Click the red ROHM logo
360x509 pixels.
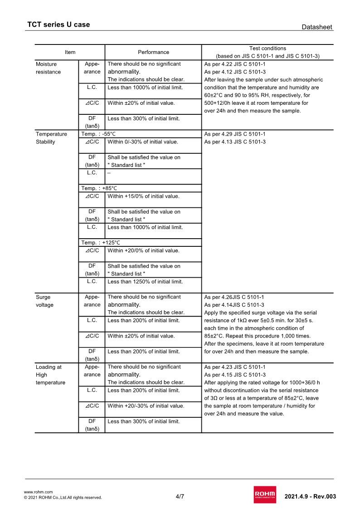pos(265,494)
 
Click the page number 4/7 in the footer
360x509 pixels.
pos(180,496)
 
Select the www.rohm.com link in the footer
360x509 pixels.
pos(38,492)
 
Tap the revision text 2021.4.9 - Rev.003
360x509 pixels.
pos(310,496)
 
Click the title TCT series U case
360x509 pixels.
pos(58,24)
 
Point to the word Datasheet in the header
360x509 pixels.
pos(317,27)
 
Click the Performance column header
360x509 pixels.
pos(153,52)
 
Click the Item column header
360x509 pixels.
pos(70,52)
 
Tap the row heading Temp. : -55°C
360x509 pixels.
pos(98,134)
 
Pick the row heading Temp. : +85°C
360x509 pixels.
pos(98,188)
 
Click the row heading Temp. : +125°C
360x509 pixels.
pos(100,243)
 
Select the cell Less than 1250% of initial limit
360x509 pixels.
pos(145,282)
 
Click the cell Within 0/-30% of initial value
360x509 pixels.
pos(143,142)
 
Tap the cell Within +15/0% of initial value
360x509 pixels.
pos(143,196)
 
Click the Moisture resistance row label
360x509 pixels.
pos(48,68)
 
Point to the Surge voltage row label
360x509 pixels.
pos(44,301)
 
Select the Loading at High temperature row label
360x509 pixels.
pos(50,375)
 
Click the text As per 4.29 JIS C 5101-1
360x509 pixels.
pos(235,134)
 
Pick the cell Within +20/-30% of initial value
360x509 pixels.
pos(146,406)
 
